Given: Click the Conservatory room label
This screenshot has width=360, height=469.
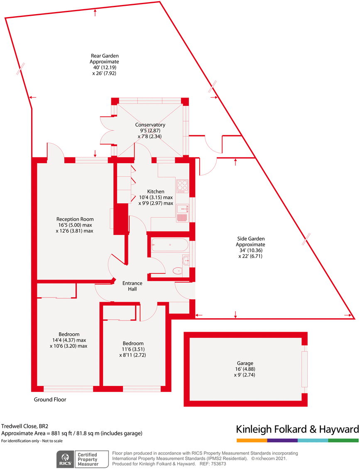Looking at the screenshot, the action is (x=150, y=125).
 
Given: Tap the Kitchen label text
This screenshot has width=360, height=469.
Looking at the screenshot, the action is (x=156, y=191).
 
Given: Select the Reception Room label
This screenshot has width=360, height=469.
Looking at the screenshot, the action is (x=75, y=219).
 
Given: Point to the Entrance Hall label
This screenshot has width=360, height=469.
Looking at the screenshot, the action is (x=132, y=286).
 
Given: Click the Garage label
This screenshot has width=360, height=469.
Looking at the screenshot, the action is (x=245, y=363).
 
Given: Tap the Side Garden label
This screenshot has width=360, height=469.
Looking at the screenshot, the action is (x=251, y=239).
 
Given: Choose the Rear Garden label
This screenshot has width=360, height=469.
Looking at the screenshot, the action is (x=105, y=56).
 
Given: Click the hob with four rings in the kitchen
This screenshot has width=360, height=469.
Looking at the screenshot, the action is (x=182, y=186).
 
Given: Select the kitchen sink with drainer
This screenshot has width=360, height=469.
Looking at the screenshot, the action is (x=182, y=213).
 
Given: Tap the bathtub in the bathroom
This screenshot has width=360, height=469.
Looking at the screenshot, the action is (x=170, y=245).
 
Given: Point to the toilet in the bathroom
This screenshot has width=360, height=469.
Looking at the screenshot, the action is (x=177, y=271).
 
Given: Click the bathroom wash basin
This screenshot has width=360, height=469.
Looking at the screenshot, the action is (x=186, y=260).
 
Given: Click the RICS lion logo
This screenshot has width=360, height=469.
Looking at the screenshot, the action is (x=65, y=459).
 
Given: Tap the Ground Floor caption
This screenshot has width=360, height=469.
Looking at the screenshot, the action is (x=50, y=400).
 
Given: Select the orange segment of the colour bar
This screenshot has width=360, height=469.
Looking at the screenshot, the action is (x=252, y=440).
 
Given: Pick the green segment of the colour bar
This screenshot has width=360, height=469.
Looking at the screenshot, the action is (x=343, y=440).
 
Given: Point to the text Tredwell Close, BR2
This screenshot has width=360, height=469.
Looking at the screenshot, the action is (x=24, y=426).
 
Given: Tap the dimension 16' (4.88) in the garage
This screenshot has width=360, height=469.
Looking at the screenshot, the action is (x=245, y=369).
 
